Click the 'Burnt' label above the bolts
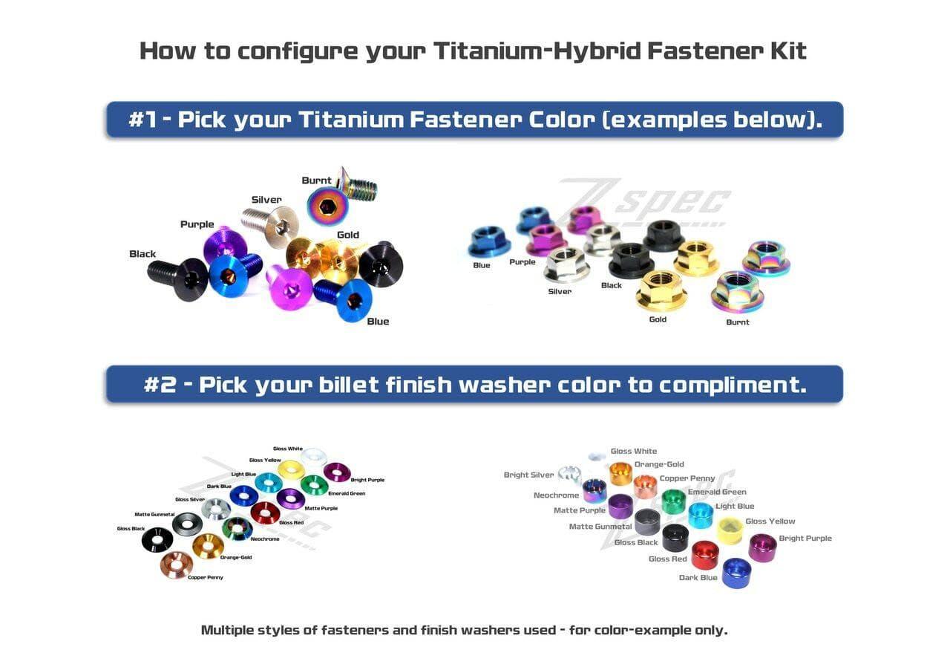pyautogui.click(x=316, y=180)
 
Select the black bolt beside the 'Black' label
pyautogui.click(x=178, y=277)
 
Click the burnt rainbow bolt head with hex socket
pyautogui.click(x=327, y=206)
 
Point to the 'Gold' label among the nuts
pyautogui.click(x=658, y=319)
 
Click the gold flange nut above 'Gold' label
pyautogui.click(x=661, y=290)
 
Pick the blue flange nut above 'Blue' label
pyautogui.click(x=489, y=241)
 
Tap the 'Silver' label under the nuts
pyautogui.click(x=560, y=291)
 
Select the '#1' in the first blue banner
pyautogui.click(x=142, y=120)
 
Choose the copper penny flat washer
pyautogui.click(x=176, y=565)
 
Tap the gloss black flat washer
pyautogui.click(x=157, y=540)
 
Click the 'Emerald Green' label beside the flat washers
pyautogui.click(x=347, y=493)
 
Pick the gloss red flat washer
pyautogui.click(x=265, y=513)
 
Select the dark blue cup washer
pyautogui.click(x=736, y=573)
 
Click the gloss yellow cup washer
pyautogui.click(x=730, y=530)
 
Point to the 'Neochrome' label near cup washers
pyautogui.click(x=556, y=495)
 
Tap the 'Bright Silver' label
pyautogui.click(x=528, y=475)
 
